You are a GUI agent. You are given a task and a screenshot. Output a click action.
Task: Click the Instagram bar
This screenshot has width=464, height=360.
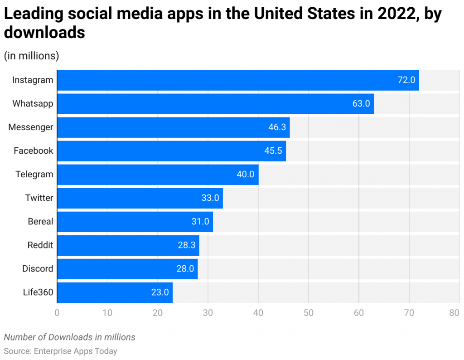238,80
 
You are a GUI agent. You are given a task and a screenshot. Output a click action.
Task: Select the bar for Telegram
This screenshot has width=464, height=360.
158,175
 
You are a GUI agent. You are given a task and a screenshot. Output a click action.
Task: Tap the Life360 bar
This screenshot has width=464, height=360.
115,292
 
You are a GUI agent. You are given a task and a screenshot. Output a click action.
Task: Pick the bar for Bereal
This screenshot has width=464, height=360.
135,222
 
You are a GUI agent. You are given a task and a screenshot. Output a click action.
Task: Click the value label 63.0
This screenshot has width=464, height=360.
361,104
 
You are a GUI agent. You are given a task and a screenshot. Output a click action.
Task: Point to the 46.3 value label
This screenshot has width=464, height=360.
277,127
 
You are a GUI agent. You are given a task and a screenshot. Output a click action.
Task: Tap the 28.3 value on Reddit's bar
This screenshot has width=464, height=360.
187,245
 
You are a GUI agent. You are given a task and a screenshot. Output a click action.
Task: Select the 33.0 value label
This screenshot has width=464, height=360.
210,198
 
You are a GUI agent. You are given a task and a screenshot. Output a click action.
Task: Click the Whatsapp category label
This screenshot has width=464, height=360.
33,104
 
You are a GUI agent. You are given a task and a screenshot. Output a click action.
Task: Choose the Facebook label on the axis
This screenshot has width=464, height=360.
34,151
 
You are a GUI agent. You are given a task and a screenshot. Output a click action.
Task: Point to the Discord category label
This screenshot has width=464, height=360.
38,269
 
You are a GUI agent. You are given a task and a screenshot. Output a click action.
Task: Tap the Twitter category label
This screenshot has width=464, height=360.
39,198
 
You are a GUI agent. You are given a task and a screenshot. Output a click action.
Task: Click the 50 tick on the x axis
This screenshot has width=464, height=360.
309,313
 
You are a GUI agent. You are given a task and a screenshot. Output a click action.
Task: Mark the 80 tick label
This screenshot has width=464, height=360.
454,313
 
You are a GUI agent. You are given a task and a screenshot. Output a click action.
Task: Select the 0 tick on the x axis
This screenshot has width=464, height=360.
57,313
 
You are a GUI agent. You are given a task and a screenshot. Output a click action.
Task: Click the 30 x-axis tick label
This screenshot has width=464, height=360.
208,313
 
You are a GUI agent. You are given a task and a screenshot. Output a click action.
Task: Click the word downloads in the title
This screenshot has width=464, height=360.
44,33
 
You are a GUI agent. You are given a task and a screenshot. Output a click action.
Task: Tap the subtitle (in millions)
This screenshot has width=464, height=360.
32,56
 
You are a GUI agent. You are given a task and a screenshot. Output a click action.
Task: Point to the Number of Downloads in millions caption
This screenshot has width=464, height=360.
70,337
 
